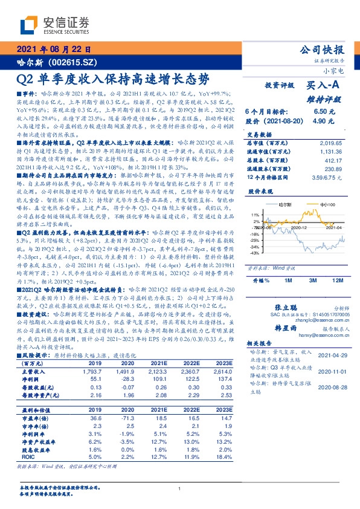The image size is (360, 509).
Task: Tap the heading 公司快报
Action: [x=322, y=50]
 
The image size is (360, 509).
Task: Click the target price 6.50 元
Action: [x=324, y=112]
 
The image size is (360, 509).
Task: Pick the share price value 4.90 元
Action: [x=324, y=121]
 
